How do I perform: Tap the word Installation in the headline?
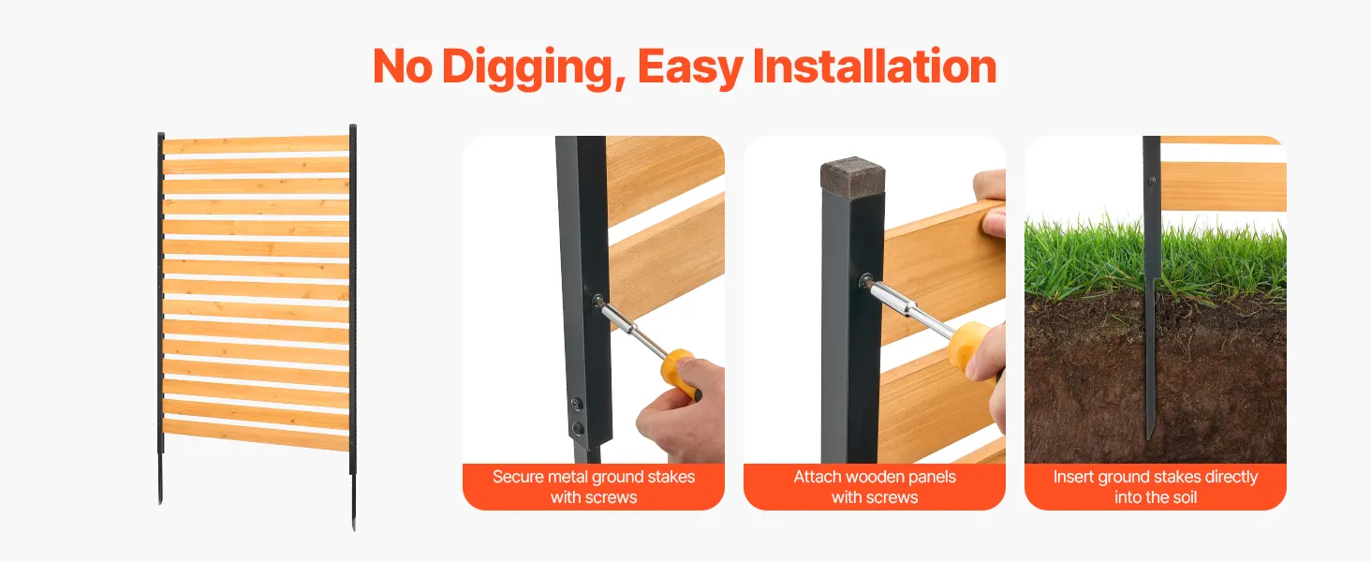[x=875, y=66]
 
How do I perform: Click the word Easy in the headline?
[x=690, y=67]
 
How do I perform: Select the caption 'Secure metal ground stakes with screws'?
[x=594, y=487]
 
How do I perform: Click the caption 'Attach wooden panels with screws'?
[x=875, y=487]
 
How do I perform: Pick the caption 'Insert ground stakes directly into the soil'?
[x=1156, y=487]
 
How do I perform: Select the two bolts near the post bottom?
[x=577, y=415]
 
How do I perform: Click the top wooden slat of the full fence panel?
[x=256, y=144]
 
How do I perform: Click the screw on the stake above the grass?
[x=1151, y=181]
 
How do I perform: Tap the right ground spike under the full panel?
[x=354, y=502]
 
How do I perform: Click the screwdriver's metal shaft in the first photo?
[x=631, y=329]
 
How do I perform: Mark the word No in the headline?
[x=402, y=67]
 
